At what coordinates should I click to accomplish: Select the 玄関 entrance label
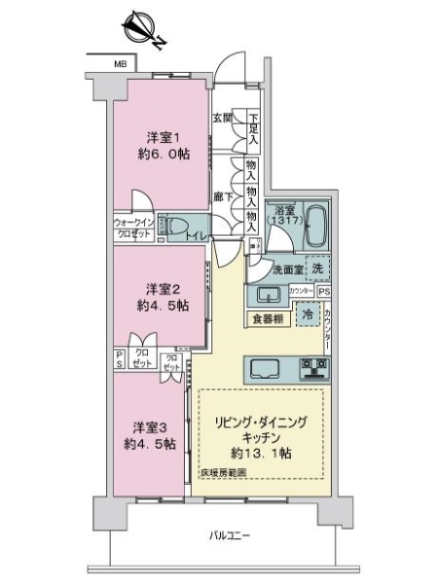(x=222, y=119)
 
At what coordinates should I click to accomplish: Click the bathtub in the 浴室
(x=311, y=227)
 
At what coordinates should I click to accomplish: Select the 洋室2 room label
(x=163, y=288)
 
